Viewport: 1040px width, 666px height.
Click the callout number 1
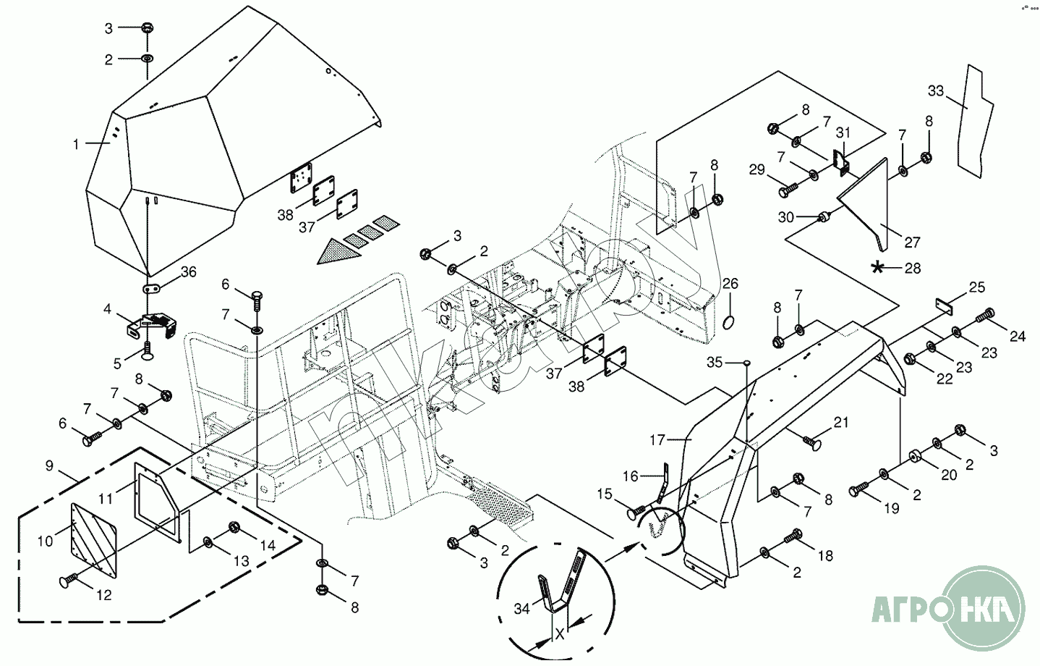coord(75,144)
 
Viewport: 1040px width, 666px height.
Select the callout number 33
coord(936,91)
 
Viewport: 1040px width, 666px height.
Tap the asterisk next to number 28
coord(878,268)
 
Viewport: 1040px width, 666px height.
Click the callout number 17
coord(657,439)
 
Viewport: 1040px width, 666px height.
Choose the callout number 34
coord(521,610)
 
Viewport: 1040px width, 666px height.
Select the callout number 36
coord(188,272)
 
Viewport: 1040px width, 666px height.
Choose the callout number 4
coord(107,309)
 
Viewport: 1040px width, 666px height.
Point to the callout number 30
coord(786,216)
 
